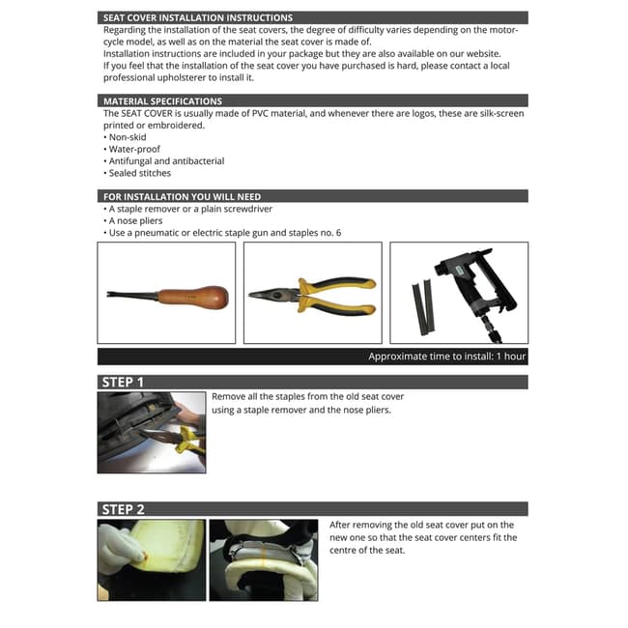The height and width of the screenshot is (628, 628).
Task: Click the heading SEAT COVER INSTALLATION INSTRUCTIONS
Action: click(197, 17)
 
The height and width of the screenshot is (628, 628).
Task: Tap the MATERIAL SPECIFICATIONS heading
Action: click(162, 100)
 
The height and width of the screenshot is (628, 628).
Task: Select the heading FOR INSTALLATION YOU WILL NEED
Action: click(182, 196)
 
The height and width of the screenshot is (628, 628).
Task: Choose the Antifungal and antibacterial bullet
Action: click(163, 161)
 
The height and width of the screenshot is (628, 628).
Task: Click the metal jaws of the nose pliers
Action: click(266, 295)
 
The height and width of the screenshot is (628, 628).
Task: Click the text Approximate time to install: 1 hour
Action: click(446, 357)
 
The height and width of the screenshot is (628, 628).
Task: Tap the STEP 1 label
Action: click(123, 382)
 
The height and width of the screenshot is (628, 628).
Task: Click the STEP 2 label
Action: click(123, 508)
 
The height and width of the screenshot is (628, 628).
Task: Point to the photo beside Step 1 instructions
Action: click(152, 432)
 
